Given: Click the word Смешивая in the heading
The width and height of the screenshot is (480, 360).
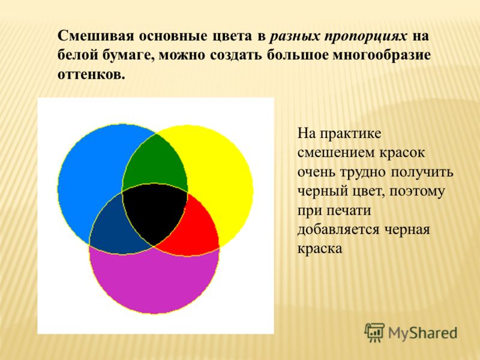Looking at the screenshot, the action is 96,36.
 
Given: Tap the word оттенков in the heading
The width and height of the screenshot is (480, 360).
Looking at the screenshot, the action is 91,74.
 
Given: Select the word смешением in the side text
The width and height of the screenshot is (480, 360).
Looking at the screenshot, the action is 336,153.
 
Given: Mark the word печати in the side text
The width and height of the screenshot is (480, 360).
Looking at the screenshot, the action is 349,211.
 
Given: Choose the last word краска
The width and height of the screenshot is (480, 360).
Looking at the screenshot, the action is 320,248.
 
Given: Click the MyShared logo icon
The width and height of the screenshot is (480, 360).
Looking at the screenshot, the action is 374,333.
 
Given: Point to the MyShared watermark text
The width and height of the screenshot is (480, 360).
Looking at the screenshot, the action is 423,334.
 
